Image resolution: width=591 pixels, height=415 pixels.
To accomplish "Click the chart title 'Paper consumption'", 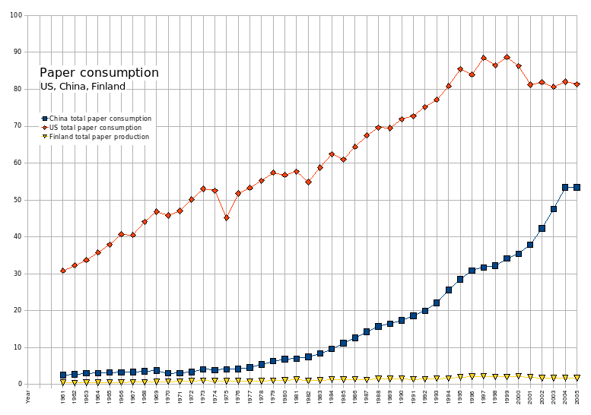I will pos(99,73).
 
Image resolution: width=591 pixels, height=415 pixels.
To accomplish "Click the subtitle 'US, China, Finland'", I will pos(82,87).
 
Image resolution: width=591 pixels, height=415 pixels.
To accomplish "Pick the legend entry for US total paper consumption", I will pos(97,128).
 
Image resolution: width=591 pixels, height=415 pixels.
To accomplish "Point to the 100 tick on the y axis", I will pos(15,15).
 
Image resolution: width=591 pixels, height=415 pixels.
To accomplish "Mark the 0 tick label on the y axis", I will pos(20,385).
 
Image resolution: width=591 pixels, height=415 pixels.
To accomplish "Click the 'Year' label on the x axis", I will pos(28,396).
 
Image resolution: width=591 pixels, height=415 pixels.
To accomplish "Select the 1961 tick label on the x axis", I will pos(63,396).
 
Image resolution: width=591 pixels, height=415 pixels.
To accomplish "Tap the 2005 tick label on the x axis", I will pos(577,396).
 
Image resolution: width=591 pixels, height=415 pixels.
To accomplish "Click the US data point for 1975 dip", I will pos(227,218).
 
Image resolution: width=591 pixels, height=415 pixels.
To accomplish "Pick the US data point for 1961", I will pos(63,271).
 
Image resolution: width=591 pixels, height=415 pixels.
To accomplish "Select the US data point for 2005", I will pos(577,84).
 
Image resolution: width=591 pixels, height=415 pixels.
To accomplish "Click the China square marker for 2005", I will pos(577,187).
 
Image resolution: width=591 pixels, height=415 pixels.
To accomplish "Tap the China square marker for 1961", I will pos(63,375).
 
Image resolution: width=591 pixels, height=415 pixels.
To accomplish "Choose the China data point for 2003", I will pos(554,209).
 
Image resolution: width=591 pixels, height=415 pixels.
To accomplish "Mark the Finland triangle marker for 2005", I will pos(577,378).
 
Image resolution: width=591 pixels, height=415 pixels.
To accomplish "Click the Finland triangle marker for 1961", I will pos(63,382).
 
